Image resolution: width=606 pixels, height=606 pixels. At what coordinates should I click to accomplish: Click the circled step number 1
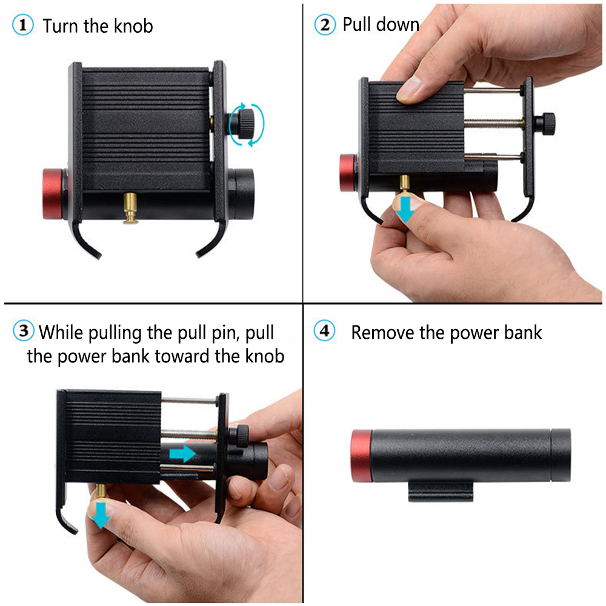[23, 26]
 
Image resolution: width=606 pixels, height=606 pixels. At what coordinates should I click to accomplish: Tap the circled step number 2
[325, 25]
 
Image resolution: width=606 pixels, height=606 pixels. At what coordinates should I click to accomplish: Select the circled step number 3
[23, 331]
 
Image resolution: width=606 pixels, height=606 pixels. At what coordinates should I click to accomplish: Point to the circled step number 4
[325, 331]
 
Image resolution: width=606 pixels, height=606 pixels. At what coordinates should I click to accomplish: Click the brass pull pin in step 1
[130, 208]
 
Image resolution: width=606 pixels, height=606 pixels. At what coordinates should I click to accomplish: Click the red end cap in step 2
[348, 173]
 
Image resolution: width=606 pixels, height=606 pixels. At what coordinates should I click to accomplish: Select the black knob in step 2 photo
[548, 124]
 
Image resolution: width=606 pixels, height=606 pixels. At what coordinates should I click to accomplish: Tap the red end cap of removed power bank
[362, 455]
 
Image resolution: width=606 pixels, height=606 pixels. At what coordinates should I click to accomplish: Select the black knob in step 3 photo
[242, 434]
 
